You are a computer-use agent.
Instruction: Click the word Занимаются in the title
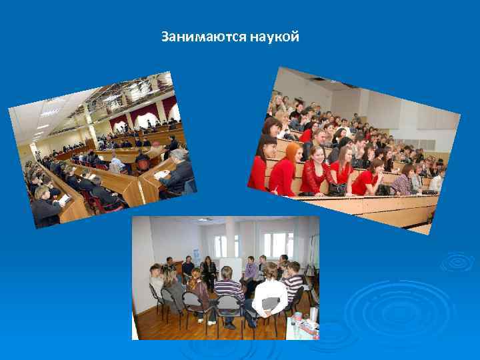point(203,37)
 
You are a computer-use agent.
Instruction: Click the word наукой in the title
point(275,37)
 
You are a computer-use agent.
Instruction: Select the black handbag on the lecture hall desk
point(337,189)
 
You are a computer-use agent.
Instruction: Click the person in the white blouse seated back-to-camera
point(269,293)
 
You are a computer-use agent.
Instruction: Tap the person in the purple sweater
point(251,270)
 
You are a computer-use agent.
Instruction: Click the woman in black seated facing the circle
point(209,270)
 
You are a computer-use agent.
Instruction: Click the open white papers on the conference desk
point(162,175)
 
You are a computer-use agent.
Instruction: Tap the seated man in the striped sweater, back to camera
point(229,293)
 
